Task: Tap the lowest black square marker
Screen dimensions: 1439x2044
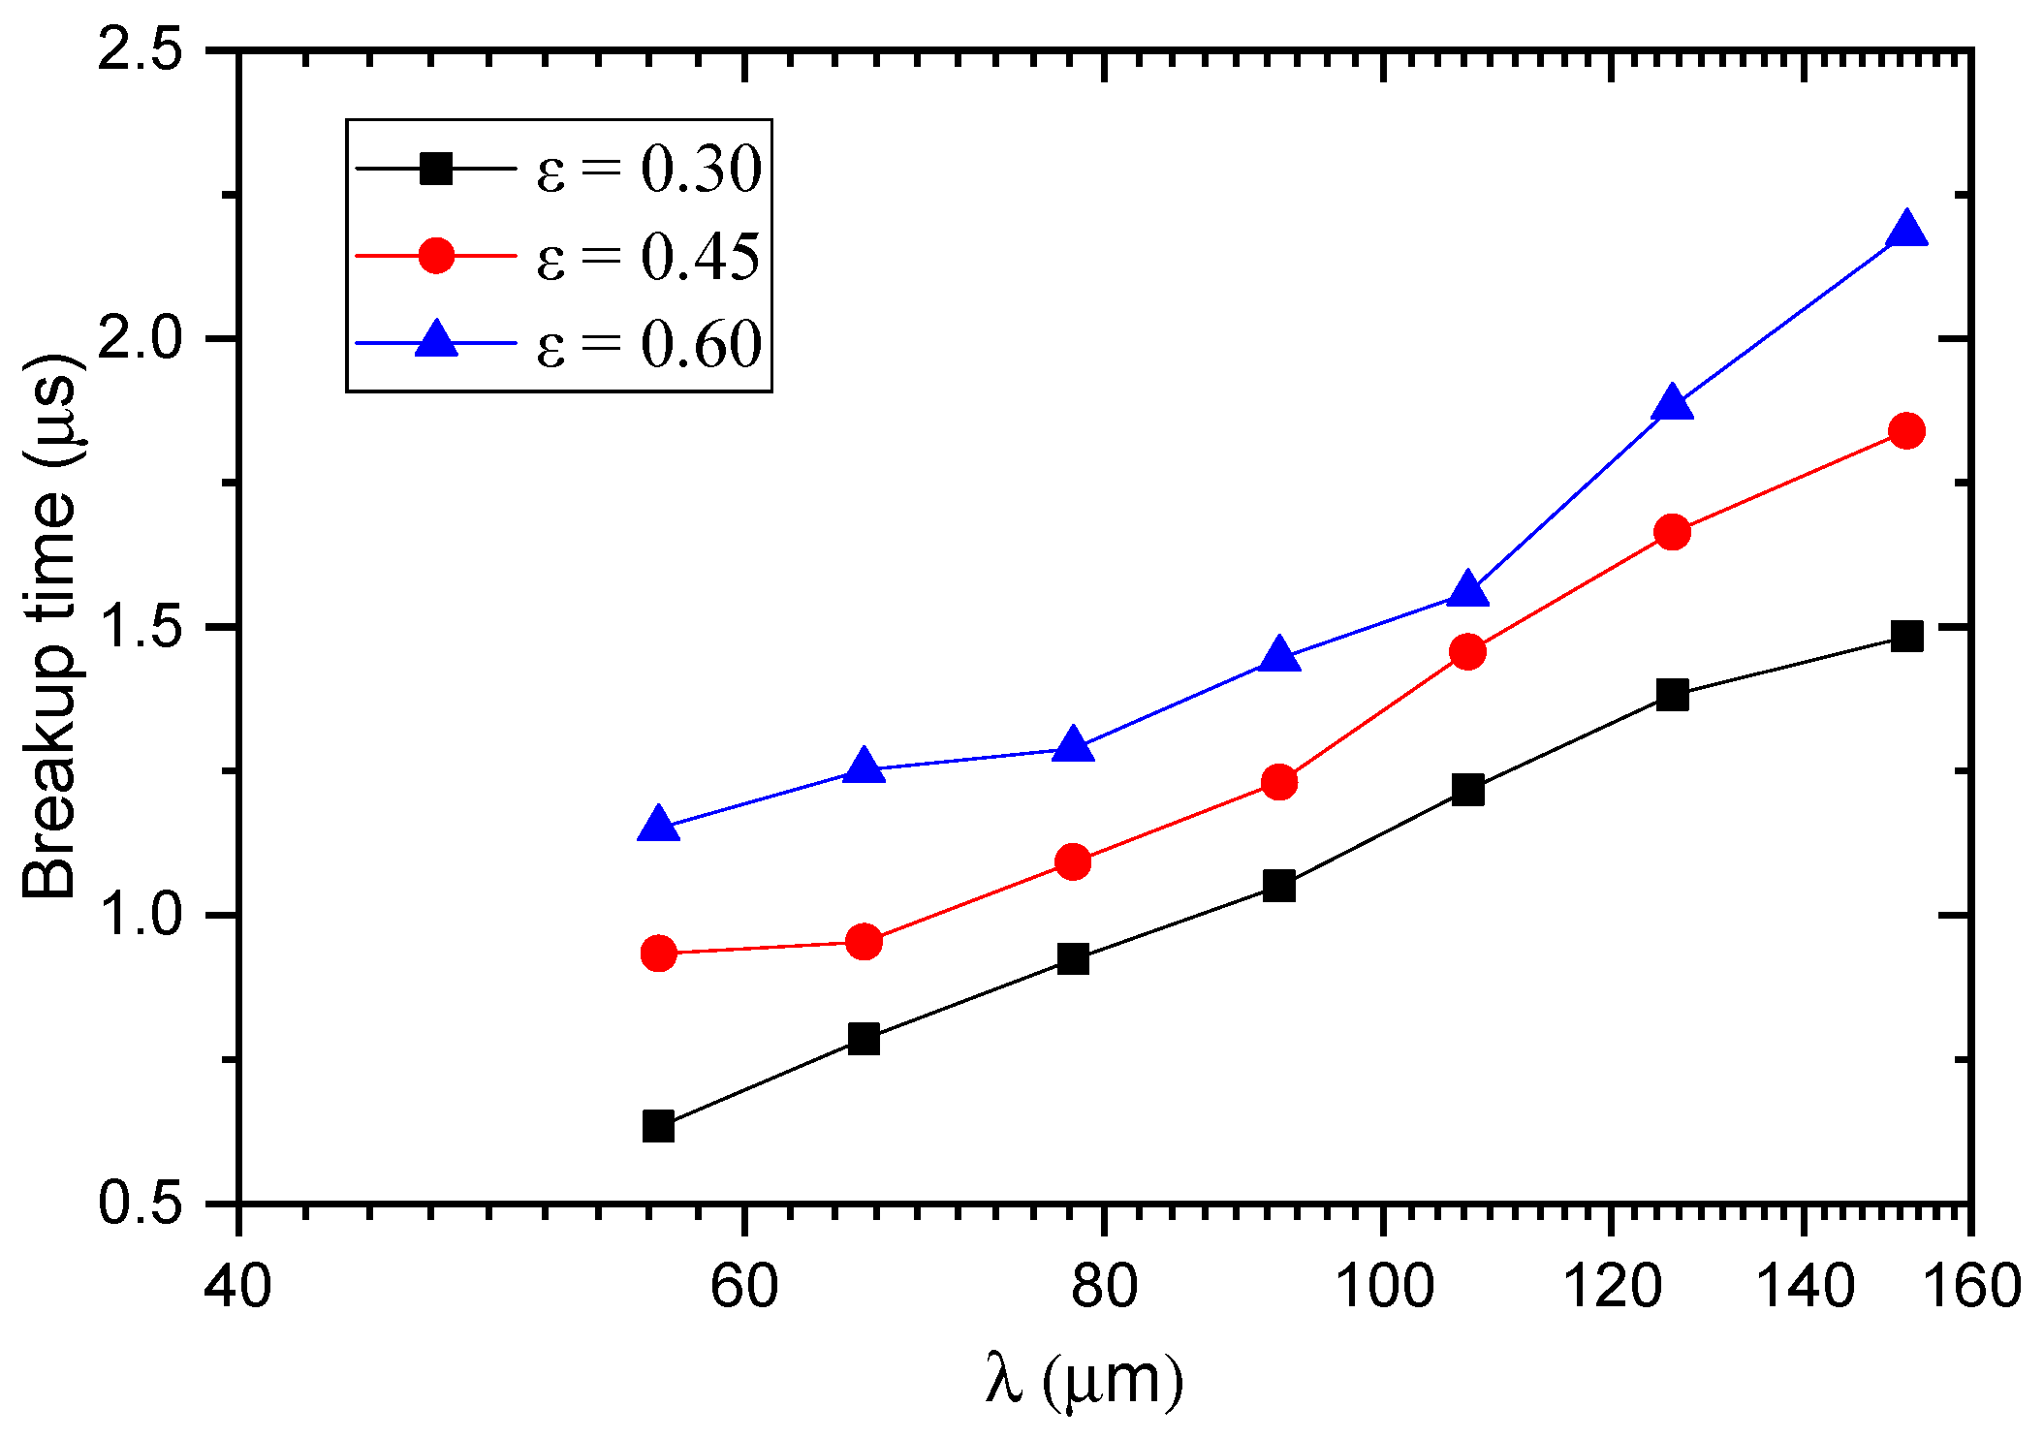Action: (x=658, y=1126)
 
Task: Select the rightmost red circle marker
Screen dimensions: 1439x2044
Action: (x=1906, y=430)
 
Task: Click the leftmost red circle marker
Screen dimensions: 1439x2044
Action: (x=658, y=954)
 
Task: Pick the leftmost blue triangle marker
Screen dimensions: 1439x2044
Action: (x=658, y=825)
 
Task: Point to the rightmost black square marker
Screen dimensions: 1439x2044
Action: (x=1906, y=636)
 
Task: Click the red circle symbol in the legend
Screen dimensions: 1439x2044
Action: (x=436, y=256)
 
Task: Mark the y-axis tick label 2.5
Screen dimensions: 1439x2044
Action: (x=142, y=50)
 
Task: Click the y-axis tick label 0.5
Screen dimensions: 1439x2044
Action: (x=142, y=1203)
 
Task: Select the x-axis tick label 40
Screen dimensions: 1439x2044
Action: (x=238, y=1287)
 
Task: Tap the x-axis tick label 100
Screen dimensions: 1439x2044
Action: (x=1384, y=1287)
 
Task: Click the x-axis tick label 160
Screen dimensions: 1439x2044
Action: (x=1971, y=1287)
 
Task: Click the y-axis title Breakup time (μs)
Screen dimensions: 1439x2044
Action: (x=50, y=626)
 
